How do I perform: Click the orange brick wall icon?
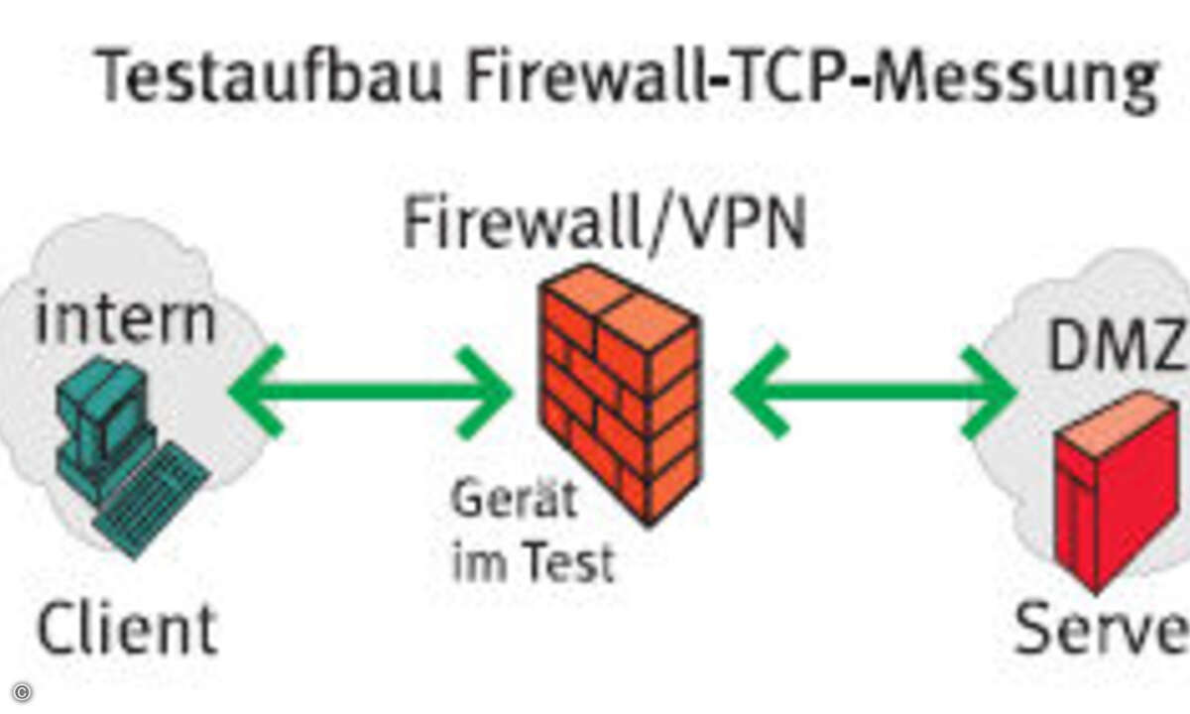click(x=620, y=392)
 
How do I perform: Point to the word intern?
click(x=125, y=319)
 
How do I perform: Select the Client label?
click(x=127, y=627)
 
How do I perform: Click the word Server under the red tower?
click(x=1101, y=627)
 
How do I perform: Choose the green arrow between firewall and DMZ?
click(x=873, y=391)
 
